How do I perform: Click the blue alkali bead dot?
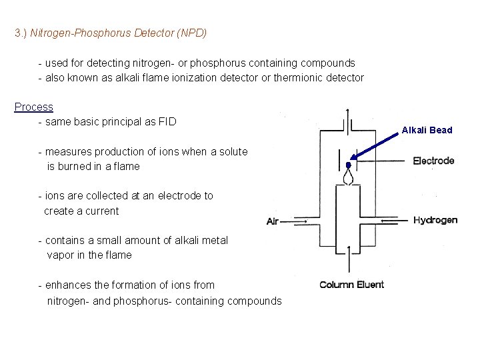tap(348, 165)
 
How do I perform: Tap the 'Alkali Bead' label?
tap(427, 130)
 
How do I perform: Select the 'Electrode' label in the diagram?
tap(433, 160)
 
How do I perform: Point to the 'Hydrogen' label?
tap(435, 220)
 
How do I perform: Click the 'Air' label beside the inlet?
tap(273, 221)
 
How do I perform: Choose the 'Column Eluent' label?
tap(351, 285)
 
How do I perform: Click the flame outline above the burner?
tap(349, 177)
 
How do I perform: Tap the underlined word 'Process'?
tap(34, 107)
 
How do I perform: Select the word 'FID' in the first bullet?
tap(166, 122)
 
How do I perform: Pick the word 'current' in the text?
tap(101, 211)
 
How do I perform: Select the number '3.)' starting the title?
tap(21, 32)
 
